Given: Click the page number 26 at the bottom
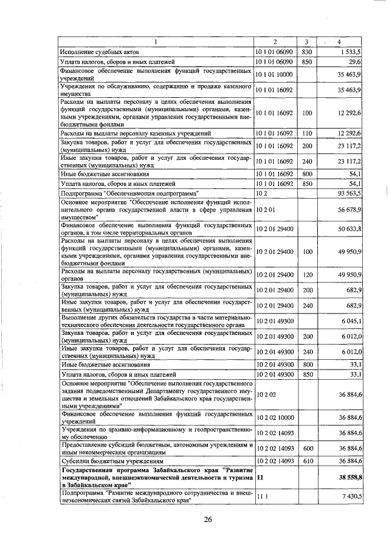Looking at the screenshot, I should (x=207, y=519).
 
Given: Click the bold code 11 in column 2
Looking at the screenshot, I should (x=260, y=478).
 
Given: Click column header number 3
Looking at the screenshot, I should (x=308, y=41).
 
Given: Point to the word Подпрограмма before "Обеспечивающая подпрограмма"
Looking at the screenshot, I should (x=80, y=193).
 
